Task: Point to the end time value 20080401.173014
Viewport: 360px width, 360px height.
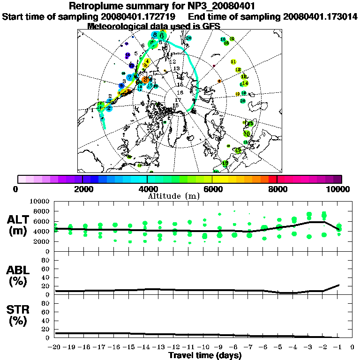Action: point(321,16)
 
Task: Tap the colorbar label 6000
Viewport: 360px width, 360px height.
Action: point(212,189)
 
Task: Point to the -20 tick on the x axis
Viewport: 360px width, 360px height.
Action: point(55,347)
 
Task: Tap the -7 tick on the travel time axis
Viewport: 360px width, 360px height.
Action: point(248,347)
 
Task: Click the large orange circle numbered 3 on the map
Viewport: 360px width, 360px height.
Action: point(146,80)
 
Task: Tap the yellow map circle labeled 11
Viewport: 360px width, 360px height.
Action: point(233,62)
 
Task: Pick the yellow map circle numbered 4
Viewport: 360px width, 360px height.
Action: point(147,61)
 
